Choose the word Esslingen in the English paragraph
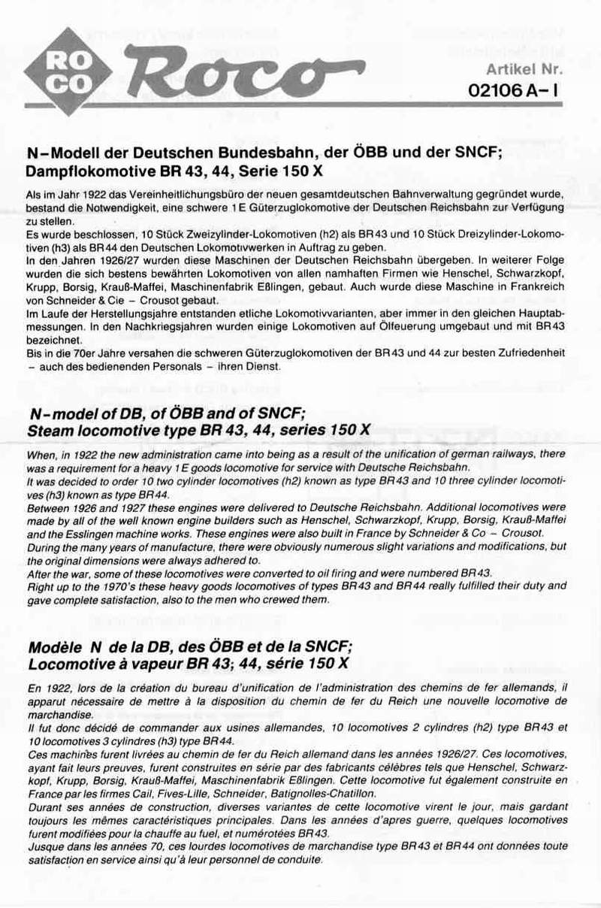pos(75,533)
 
